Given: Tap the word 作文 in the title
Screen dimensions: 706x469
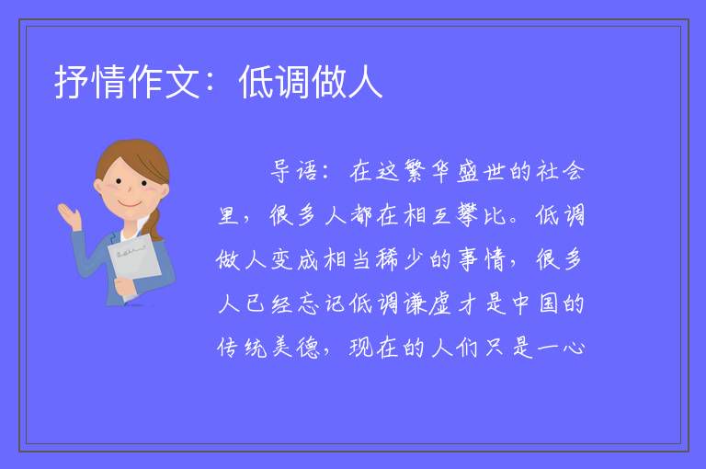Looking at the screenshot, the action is point(164,82).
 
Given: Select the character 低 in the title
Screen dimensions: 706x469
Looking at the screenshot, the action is point(256,82).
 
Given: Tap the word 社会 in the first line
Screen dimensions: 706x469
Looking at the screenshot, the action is point(560,171).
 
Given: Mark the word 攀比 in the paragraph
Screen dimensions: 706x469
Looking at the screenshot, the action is point(481,215).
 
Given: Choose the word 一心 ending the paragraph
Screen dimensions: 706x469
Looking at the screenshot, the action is point(560,348).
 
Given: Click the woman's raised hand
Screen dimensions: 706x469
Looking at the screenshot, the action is point(70,215).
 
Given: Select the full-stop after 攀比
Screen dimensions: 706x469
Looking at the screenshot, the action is point(514,222).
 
